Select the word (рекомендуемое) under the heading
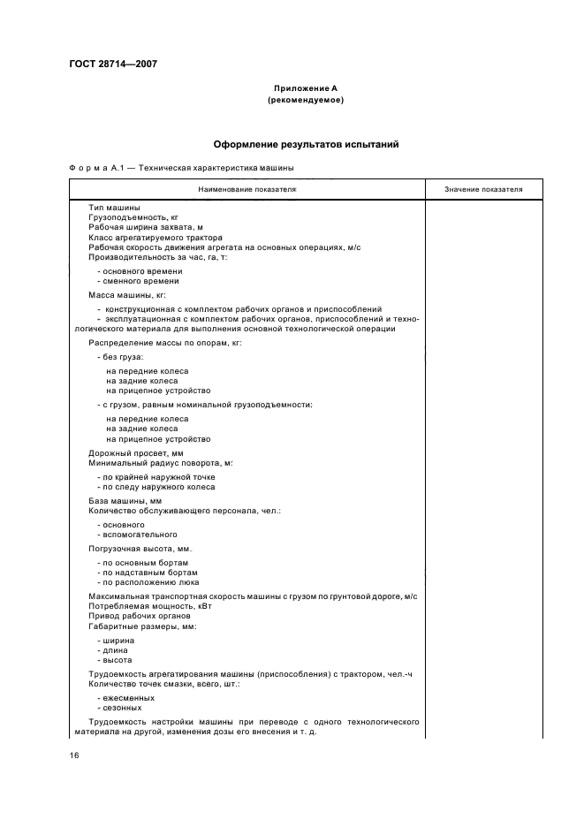click(305, 100)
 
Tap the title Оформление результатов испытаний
click(305, 143)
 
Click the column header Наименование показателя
click(246, 189)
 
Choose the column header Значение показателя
click(483, 189)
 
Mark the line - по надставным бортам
click(146, 573)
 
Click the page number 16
click(74, 755)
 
